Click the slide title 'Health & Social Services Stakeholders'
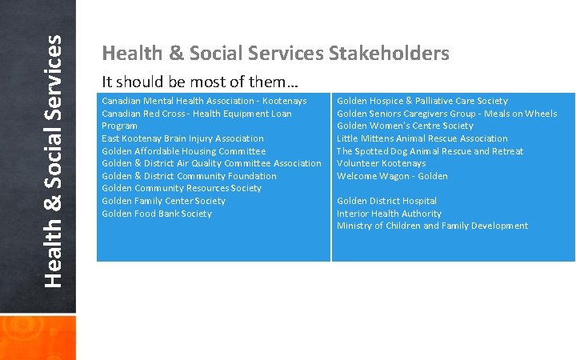pyautogui.click(x=275, y=54)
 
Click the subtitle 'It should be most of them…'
pyautogui.click(x=190, y=82)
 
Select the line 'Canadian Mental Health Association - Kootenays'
pyautogui.click(x=204, y=101)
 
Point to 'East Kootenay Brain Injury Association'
pyautogui.click(x=182, y=138)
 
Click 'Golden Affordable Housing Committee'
pyautogui.click(x=183, y=151)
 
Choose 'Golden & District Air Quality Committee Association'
pyautogui.click(x=211, y=163)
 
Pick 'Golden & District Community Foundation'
pyautogui.click(x=189, y=176)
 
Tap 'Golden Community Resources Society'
pyautogui.click(x=182, y=188)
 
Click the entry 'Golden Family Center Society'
pyautogui.click(x=163, y=201)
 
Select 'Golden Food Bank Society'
pyautogui.click(x=157, y=214)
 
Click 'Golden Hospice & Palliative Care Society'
pyautogui.click(x=422, y=101)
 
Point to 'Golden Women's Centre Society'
pyautogui.click(x=405, y=126)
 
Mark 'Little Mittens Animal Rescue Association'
pyautogui.click(x=422, y=138)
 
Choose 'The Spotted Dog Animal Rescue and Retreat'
pyautogui.click(x=430, y=151)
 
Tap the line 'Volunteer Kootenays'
pyautogui.click(x=381, y=163)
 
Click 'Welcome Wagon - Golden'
pyautogui.click(x=392, y=176)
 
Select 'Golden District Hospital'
pyautogui.click(x=386, y=201)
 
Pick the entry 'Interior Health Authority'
pyautogui.click(x=389, y=214)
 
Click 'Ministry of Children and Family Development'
pyautogui.click(x=432, y=226)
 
